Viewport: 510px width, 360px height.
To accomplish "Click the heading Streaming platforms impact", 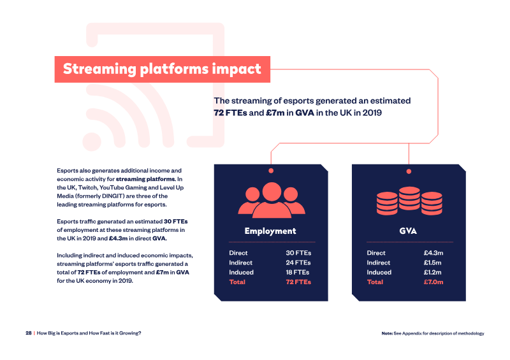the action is (x=162, y=69).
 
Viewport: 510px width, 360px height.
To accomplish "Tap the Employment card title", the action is (x=270, y=231).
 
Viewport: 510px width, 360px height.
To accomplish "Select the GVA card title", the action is (x=408, y=231).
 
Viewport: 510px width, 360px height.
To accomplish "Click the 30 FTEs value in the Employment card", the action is (x=298, y=253).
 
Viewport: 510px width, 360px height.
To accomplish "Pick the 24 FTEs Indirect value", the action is (x=298, y=263).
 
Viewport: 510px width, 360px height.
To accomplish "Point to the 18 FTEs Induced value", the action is (x=298, y=272).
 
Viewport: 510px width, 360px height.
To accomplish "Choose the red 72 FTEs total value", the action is (x=298, y=282).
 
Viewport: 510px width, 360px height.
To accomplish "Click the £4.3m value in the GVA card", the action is (x=433, y=253).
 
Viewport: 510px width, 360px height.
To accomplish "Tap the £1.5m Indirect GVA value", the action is (x=433, y=263).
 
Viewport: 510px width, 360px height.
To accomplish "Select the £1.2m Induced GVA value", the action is (x=433, y=272).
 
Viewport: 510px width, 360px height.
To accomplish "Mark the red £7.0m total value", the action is (x=433, y=282).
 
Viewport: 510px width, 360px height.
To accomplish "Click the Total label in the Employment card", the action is (x=237, y=282).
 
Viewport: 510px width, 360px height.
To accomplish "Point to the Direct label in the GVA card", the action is (x=376, y=253).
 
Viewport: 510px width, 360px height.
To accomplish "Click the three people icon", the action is (x=272, y=200).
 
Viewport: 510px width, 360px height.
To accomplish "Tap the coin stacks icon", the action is (x=409, y=201).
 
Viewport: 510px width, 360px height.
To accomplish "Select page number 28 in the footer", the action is (x=29, y=333).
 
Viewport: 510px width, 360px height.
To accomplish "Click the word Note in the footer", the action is (x=387, y=333).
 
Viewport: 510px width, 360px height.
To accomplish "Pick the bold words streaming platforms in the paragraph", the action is (x=145, y=179).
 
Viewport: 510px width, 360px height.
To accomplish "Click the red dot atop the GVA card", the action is (x=409, y=171).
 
